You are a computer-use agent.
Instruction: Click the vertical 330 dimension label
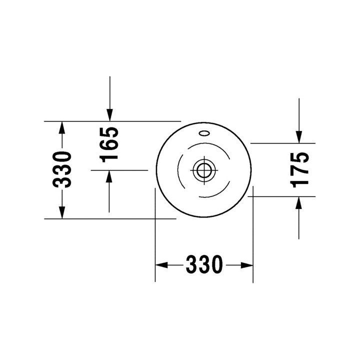62,169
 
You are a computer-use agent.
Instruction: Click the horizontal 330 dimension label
204,265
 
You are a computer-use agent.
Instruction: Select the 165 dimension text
109,144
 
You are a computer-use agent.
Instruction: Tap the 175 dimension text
299,170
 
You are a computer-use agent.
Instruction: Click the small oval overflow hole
204,133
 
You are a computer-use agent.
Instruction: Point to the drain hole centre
204,170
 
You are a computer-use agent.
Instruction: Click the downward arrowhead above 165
109,115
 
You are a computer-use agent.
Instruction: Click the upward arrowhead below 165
109,176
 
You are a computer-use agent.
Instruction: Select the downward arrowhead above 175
299,137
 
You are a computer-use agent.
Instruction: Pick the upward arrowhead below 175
298,202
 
